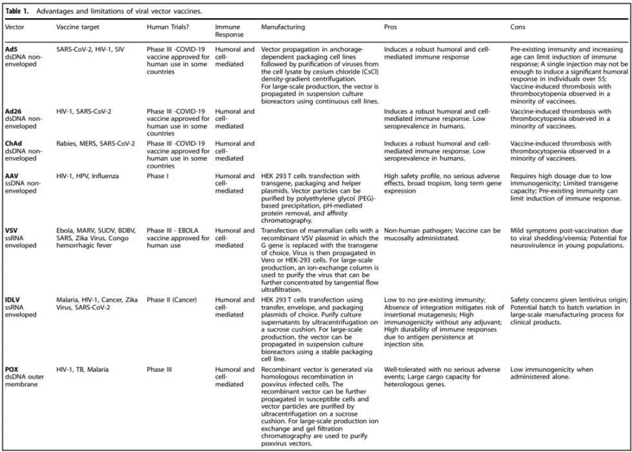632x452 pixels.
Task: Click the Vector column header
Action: click(x=15, y=27)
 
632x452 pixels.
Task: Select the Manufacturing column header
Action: click(x=283, y=27)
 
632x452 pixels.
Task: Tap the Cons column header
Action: click(x=518, y=27)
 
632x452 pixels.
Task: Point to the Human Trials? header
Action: click(x=167, y=27)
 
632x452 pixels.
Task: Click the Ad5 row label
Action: click(x=11, y=50)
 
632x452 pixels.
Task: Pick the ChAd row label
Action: click(x=13, y=144)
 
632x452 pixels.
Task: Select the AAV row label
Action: click(x=12, y=176)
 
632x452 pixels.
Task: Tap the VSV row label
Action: click(x=12, y=231)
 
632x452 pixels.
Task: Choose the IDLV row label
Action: click(x=13, y=300)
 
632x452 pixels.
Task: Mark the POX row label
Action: click(x=12, y=370)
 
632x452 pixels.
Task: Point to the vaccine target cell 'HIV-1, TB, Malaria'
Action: click(x=82, y=370)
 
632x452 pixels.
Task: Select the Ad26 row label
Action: click(x=13, y=112)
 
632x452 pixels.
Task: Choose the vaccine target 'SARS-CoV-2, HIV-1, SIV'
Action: click(x=90, y=50)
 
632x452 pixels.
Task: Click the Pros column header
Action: click(x=391, y=27)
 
